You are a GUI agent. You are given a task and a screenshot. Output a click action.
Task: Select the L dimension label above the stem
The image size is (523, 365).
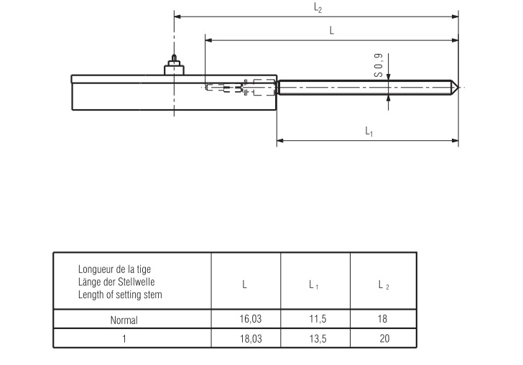(331, 30)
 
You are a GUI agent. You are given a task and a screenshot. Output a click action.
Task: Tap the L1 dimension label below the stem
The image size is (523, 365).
(369, 131)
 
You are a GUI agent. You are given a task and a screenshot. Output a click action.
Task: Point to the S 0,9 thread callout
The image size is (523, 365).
(378, 64)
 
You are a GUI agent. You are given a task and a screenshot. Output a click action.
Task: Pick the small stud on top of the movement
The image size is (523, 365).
(173, 59)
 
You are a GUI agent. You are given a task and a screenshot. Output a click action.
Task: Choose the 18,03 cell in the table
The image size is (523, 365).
(245, 338)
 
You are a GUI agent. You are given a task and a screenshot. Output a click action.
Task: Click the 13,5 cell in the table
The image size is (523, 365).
(314, 338)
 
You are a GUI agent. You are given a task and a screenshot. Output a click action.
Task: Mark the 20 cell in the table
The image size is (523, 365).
(383, 338)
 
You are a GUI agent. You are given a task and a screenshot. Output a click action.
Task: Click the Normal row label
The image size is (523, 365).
(124, 320)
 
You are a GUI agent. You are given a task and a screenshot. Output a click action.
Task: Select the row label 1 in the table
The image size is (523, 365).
(124, 338)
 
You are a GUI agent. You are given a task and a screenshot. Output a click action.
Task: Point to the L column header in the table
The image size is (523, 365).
(245, 285)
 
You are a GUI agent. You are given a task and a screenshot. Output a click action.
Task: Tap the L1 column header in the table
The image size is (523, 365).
(314, 285)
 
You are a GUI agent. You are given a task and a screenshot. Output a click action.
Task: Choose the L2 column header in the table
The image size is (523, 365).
(383, 285)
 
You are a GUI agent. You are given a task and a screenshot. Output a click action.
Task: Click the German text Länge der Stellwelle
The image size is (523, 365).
(116, 282)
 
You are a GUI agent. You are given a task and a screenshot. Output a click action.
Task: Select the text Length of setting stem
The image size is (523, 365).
(120, 295)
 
